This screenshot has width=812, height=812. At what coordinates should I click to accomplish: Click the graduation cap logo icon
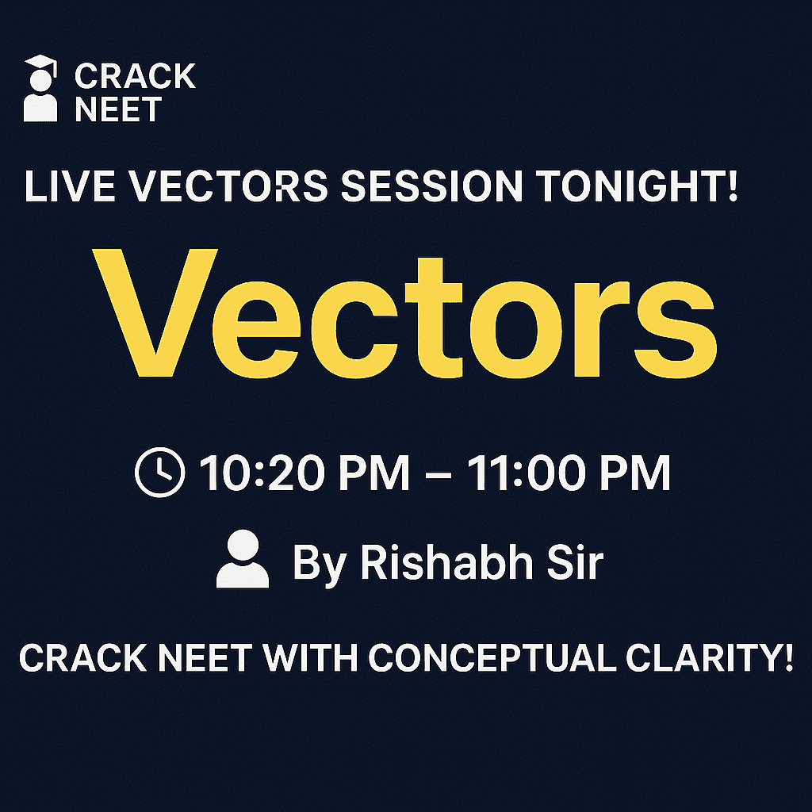coord(40,88)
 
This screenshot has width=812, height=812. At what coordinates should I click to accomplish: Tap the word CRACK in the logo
coord(135,76)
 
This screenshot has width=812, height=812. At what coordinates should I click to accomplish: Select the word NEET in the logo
coord(119,109)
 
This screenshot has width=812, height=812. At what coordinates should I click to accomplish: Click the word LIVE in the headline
coord(70,186)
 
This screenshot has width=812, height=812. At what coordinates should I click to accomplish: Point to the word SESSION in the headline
coord(431,186)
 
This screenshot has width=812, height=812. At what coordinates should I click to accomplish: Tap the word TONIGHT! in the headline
coord(637,186)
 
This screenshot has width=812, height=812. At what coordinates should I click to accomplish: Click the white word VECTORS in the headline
coord(228,186)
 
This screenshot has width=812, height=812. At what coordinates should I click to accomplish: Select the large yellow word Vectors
coord(405,314)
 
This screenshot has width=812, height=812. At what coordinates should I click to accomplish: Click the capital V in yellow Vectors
coord(155,312)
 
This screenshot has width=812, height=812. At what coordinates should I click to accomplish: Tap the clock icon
coord(159,473)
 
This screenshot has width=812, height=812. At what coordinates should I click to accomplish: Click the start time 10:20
coord(262,473)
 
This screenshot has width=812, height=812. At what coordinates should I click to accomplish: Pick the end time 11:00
coord(526,473)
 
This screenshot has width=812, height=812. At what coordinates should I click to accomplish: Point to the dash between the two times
coord(438,473)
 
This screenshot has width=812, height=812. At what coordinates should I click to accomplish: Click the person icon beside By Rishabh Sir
coord(243,559)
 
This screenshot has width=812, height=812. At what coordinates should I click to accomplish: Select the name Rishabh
coord(446,562)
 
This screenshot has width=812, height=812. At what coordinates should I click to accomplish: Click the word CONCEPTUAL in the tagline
coord(492,657)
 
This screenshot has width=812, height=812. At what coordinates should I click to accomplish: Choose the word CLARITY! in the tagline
coord(710,657)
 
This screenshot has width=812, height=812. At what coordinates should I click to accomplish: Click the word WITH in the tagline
coord(310,657)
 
